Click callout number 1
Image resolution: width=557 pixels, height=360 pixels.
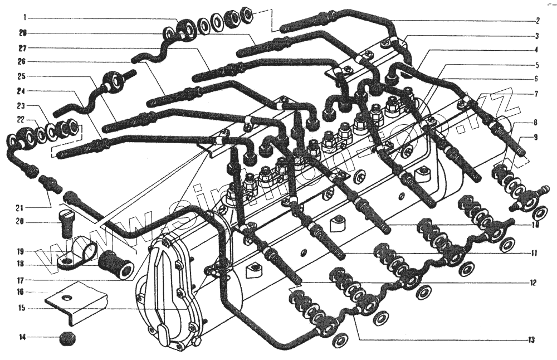tap(25, 18)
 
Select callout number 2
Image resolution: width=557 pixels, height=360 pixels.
tap(537, 21)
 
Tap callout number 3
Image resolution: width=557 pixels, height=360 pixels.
tap(537, 36)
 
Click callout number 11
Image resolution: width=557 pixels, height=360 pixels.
tap(533, 253)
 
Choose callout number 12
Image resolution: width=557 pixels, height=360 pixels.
tap(533, 283)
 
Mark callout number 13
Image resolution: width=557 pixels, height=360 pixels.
tap(531, 339)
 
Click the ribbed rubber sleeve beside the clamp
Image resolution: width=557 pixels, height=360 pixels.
tap(115, 264)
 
